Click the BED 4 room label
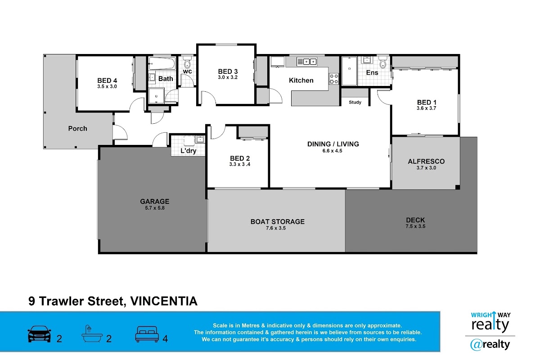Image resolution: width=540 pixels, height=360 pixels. point(107,81)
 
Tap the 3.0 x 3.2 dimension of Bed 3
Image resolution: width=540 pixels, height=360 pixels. point(228,77)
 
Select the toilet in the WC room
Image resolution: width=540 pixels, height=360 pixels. point(187,63)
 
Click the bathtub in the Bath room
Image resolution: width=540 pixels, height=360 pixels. point(162,63)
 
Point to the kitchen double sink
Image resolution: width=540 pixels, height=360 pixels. point(306,62)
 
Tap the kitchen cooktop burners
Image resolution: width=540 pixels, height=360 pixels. point(333,79)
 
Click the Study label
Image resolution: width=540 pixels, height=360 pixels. point(355,102)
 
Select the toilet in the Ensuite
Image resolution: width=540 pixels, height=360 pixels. point(383,63)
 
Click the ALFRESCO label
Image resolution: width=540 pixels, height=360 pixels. point(426,161)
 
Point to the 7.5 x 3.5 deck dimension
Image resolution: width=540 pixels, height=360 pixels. point(415,226)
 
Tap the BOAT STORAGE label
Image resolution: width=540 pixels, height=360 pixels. point(278,221)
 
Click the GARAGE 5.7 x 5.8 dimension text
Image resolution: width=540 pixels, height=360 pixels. point(155,208)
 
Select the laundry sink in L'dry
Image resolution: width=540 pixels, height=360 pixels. point(200,139)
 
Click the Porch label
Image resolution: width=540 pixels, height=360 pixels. point(77,129)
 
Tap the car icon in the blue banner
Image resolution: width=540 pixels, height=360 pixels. point(39,334)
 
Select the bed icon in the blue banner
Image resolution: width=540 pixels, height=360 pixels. point(147,334)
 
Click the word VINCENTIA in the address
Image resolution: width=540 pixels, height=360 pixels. point(164,301)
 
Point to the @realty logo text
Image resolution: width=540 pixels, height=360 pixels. point(490,345)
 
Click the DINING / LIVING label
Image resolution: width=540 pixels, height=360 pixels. point(333,144)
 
